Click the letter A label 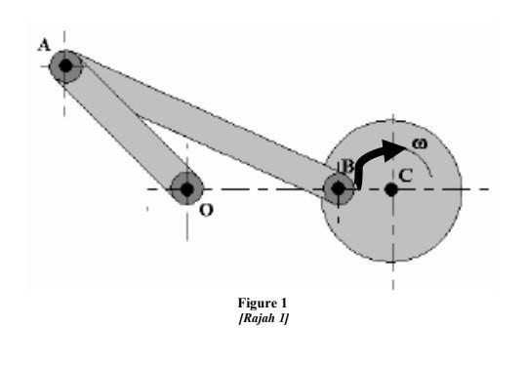43,44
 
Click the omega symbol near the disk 419,143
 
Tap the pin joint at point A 65,66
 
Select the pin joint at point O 186,187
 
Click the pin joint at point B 339,187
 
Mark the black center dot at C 390,187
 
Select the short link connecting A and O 127,127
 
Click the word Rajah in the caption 256,321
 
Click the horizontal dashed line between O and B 263,187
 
